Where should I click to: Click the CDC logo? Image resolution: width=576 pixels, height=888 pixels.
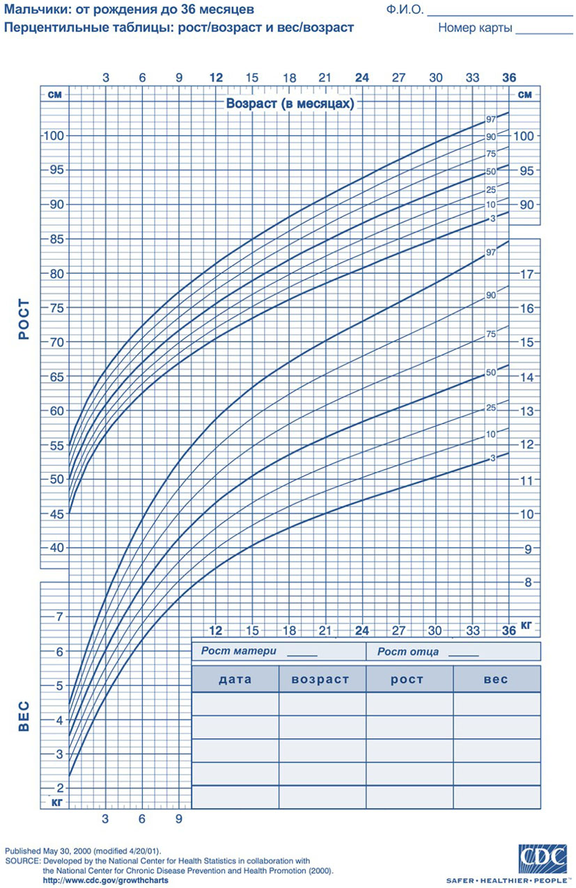coord(543,856)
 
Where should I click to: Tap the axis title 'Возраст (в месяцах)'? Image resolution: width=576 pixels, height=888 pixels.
coord(290,104)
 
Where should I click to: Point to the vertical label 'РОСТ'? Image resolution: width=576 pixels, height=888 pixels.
coord(24,319)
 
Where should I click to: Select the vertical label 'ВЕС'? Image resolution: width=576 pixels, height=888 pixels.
coord(24,716)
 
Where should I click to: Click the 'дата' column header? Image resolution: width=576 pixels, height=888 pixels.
coord(235,679)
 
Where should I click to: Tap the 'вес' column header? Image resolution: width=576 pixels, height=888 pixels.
coord(496,679)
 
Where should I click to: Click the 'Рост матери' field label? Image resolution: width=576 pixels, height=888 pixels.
coord(239,651)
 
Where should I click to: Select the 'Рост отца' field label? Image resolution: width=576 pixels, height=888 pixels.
coord(408,651)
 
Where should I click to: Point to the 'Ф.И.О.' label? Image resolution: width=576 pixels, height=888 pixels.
coord(405,10)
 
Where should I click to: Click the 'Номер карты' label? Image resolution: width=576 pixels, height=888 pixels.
coord(475,28)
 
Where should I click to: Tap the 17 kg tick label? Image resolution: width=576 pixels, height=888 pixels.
coord(527,273)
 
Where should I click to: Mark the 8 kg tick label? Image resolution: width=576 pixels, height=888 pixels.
coord(528,582)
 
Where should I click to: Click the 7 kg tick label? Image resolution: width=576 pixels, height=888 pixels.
coord(59,617)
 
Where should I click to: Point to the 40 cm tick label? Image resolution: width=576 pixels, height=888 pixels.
coord(56,548)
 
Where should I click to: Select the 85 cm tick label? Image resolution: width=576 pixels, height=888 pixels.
coord(56,239)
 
